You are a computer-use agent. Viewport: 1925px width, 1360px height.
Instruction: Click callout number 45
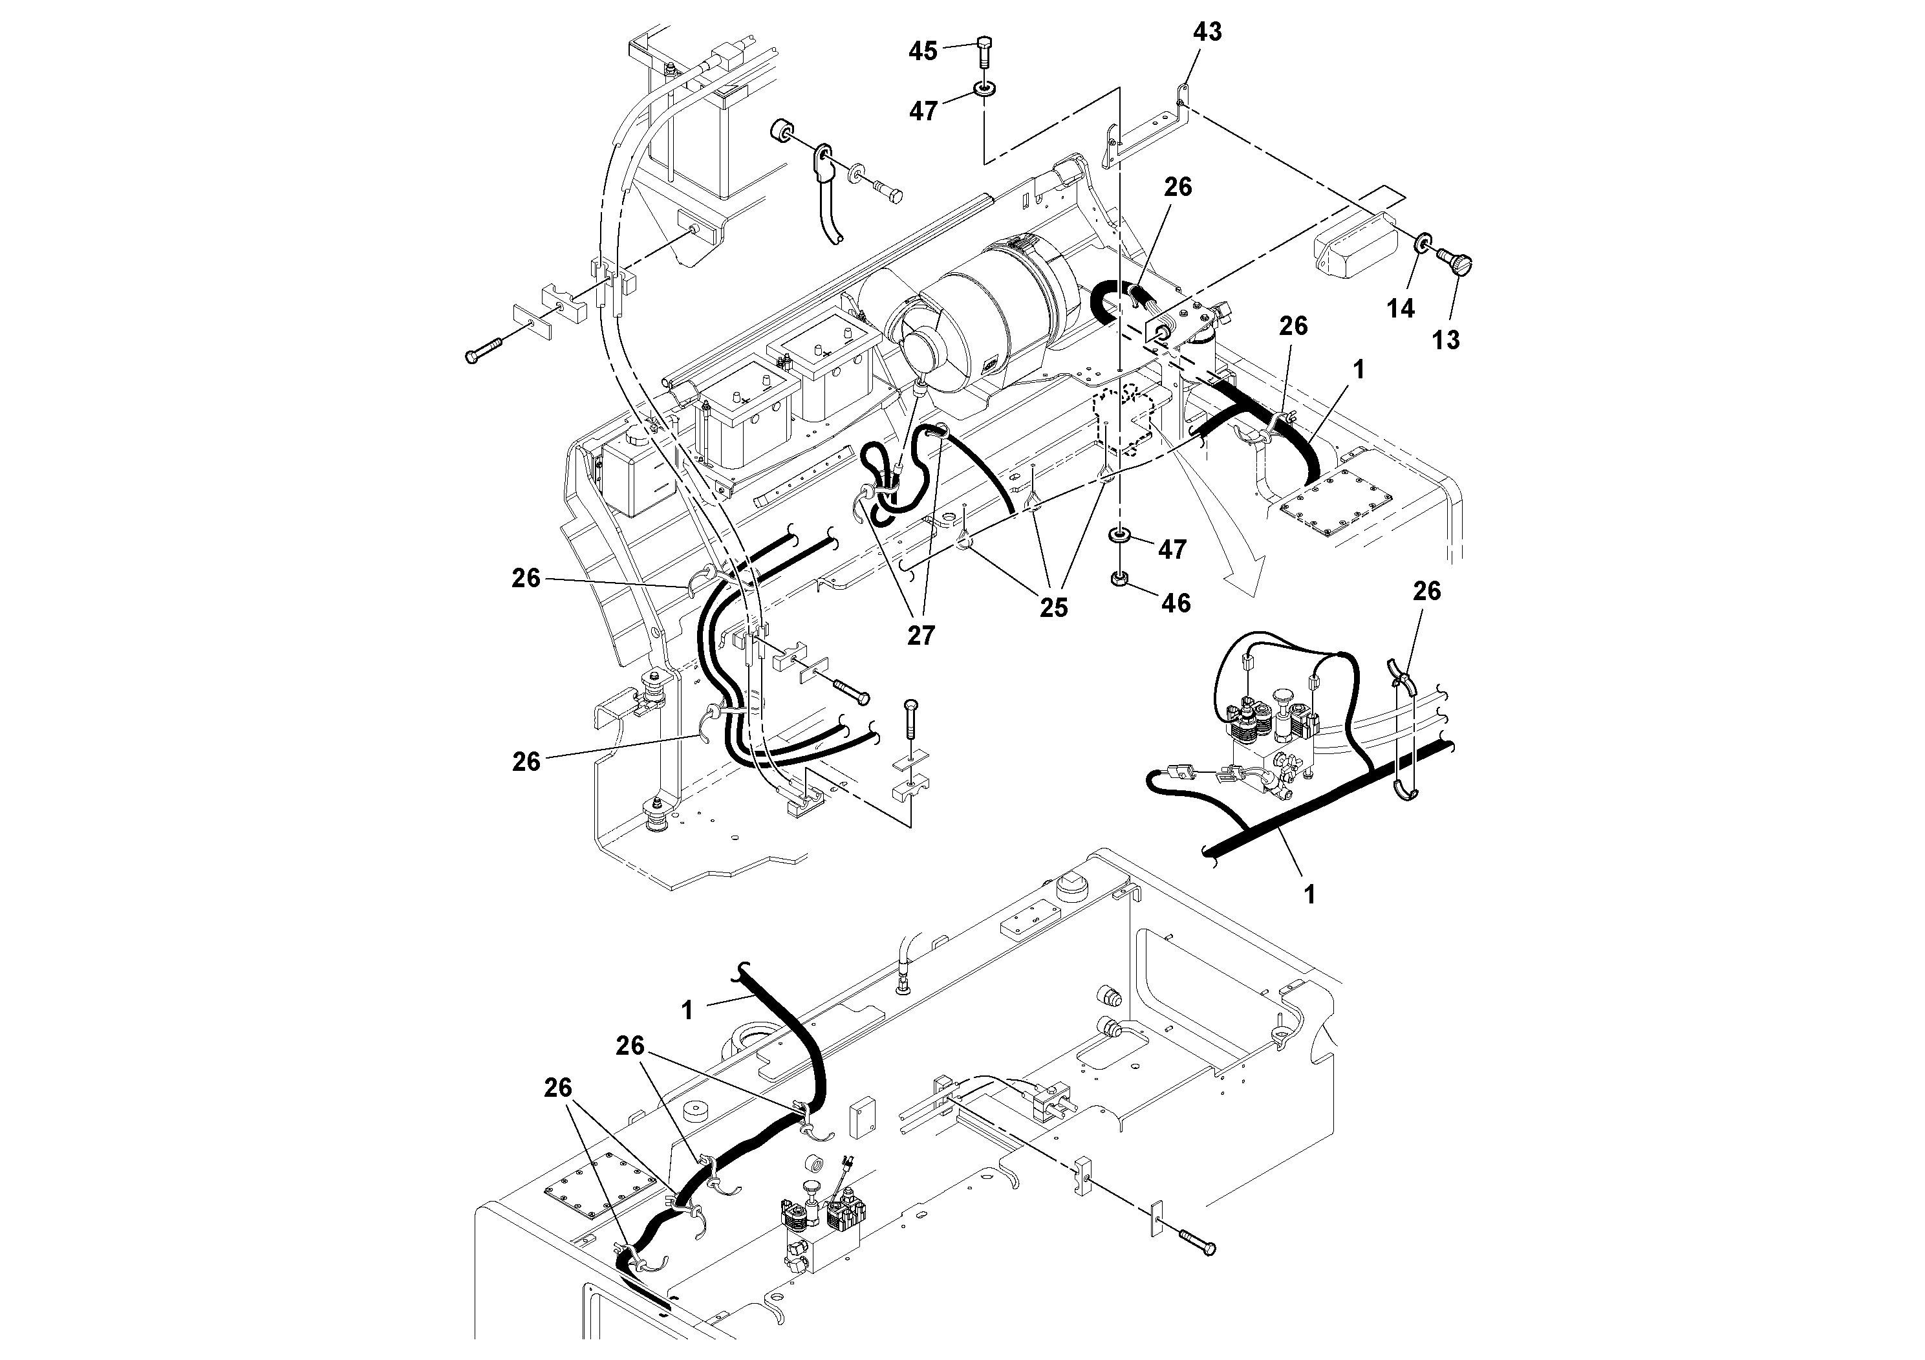(923, 51)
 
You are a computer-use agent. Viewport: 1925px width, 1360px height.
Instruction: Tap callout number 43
(1207, 32)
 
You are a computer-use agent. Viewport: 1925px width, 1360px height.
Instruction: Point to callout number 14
(1400, 308)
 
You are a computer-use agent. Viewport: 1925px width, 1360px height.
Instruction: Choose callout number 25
(1054, 608)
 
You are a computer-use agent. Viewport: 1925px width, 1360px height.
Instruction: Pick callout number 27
(921, 636)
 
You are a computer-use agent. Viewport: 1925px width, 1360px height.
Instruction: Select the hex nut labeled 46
(1119, 579)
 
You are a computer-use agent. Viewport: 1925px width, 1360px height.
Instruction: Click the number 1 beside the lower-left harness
(687, 1010)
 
